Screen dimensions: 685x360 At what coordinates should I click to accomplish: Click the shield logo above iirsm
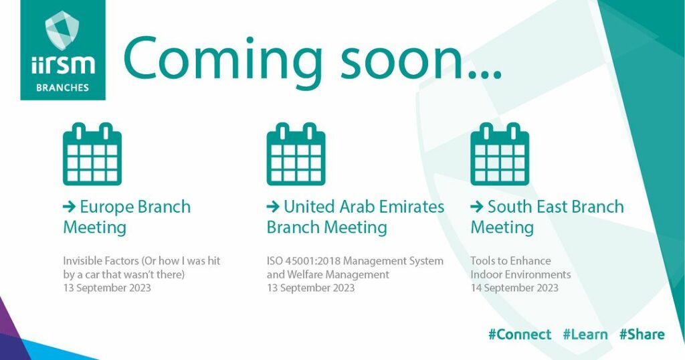[62, 30]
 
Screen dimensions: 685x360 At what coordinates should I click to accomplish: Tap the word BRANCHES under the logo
[62, 88]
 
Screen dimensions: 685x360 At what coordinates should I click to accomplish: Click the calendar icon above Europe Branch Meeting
[92, 154]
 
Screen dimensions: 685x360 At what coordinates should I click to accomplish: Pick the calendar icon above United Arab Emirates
[296, 154]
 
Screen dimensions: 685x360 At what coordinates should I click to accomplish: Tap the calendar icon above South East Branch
[500, 154]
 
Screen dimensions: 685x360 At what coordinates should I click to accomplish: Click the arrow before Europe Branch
[69, 207]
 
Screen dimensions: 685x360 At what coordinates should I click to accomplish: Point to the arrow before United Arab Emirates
[273, 207]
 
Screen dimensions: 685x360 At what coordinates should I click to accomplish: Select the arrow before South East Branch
[476, 207]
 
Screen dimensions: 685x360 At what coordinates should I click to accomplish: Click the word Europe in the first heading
[106, 207]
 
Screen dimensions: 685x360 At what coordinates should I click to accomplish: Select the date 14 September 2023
[514, 288]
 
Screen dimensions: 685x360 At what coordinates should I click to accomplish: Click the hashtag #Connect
[520, 335]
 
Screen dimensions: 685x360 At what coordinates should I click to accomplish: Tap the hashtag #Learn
[585, 335]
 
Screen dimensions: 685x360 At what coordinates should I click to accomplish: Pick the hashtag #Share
[642, 335]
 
